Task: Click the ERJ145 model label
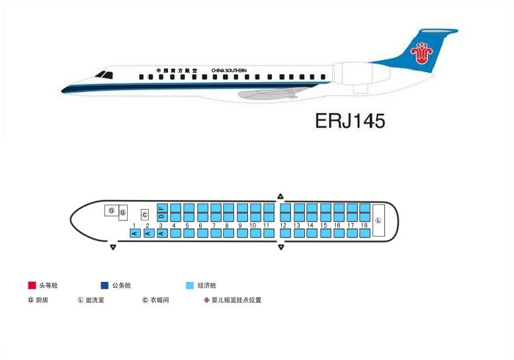pyautogui.click(x=350, y=121)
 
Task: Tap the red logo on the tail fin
pyautogui.click(x=421, y=53)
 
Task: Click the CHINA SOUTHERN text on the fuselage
pyautogui.click(x=229, y=71)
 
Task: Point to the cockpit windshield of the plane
pyautogui.click(x=104, y=75)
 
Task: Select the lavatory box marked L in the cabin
pyautogui.click(x=378, y=220)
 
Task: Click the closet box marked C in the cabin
pyautogui.click(x=145, y=215)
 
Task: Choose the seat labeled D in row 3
pyautogui.click(x=162, y=216)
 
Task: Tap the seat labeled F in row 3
pyautogui.click(x=162, y=208)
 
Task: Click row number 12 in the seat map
pyautogui.click(x=283, y=226)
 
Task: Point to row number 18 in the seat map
pyautogui.click(x=364, y=226)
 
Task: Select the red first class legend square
pyautogui.click(x=32, y=285)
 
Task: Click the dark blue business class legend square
pyautogui.click(x=105, y=285)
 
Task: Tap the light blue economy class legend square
pyautogui.click(x=190, y=285)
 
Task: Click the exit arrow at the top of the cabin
pyautogui.click(x=280, y=197)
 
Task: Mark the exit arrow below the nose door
pyautogui.click(x=113, y=247)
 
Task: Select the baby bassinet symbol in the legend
pyautogui.click(x=206, y=300)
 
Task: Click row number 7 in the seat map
pyautogui.click(x=214, y=226)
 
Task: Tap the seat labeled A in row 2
pyautogui.click(x=149, y=233)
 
